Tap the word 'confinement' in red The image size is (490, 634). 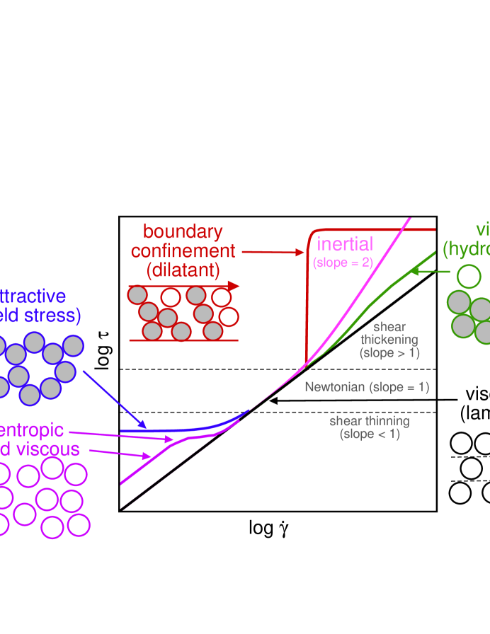tap(183, 250)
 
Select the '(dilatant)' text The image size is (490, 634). tap(183, 270)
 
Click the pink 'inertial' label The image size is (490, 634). tap(344, 244)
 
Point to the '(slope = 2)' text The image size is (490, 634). tap(343, 263)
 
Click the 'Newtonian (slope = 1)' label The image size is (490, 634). tap(367, 387)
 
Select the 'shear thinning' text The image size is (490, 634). tap(369, 421)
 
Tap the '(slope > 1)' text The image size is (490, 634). tap(389, 352)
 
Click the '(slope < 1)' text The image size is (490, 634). tap(370, 434)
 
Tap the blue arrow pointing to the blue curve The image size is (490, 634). tap(114, 399)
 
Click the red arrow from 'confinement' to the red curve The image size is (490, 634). tap(273, 252)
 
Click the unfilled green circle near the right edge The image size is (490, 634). tap(469, 276)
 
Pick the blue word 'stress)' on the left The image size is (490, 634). tap(57, 315)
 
